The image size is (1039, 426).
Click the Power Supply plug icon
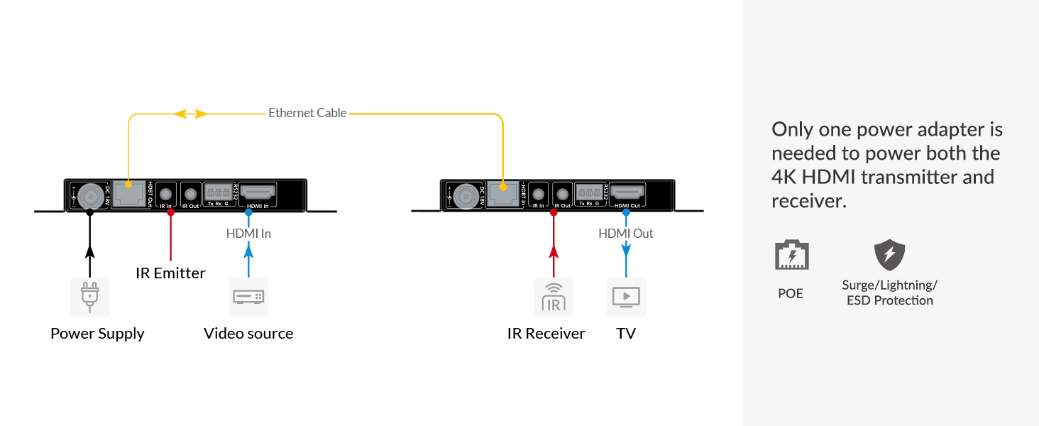(x=89, y=297)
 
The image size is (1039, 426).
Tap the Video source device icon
(x=248, y=297)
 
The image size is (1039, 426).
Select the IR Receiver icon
(x=554, y=297)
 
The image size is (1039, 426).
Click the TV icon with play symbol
(x=626, y=297)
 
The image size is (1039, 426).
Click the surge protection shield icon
(x=889, y=256)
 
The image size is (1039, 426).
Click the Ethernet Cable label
(x=307, y=113)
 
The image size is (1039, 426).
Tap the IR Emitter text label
(x=170, y=273)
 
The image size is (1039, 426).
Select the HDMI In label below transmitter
(x=248, y=233)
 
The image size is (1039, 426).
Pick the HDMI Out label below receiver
(x=626, y=233)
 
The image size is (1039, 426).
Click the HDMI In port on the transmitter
(x=258, y=192)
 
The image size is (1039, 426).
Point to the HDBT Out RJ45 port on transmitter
(x=128, y=194)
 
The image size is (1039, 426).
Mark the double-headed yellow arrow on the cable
(x=191, y=114)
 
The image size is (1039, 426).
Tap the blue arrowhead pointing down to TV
(x=626, y=249)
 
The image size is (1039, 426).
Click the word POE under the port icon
(x=791, y=293)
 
